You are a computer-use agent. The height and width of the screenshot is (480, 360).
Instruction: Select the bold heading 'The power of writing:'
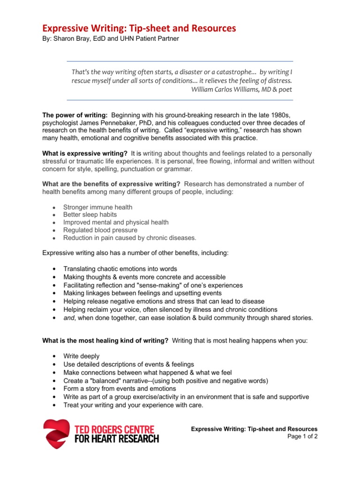click(75, 115)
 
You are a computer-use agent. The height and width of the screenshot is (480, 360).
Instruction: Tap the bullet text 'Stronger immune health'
click(97, 207)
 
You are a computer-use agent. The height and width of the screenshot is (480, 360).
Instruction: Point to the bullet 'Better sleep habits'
click(90, 215)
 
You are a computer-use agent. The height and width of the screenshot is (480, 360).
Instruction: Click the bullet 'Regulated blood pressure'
click(100, 230)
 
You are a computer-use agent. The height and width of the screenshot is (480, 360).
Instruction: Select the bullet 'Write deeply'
click(82, 356)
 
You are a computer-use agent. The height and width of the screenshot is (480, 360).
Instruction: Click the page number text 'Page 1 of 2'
click(302, 436)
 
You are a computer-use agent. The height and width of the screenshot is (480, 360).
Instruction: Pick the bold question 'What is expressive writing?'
click(85, 154)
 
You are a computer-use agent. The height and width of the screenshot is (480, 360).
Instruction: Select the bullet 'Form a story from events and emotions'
click(120, 389)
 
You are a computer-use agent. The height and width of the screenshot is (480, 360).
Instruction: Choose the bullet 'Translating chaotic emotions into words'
click(120, 269)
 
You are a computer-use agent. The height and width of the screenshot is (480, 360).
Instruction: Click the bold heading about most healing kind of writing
click(105, 341)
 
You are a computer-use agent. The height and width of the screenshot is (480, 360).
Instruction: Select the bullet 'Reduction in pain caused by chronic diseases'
click(130, 238)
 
